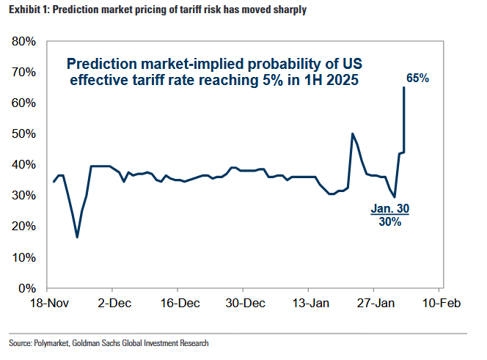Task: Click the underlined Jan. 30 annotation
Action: (389, 209)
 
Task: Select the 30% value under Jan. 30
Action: (389, 222)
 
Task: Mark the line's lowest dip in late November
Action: (77, 237)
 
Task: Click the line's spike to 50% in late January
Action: (353, 133)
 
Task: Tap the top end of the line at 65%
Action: (404, 88)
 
